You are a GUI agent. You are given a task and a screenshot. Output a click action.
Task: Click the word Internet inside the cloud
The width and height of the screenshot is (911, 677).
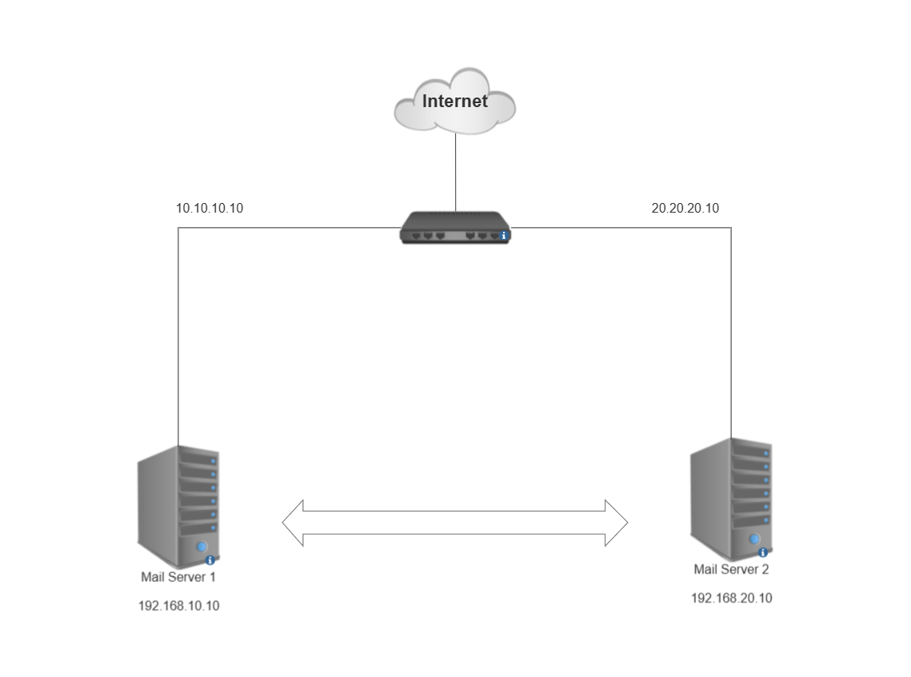(x=454, y=102)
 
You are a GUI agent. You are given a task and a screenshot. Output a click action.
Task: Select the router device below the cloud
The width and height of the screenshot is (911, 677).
(x=454, y=227)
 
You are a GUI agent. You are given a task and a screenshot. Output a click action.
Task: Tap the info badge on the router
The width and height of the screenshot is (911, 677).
(x=504, y=236)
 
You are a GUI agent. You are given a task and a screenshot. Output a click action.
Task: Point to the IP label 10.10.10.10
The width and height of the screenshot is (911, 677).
(x=210, y=209)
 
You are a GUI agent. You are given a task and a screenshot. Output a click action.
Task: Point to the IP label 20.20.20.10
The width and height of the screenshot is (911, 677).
(x=685, y=209)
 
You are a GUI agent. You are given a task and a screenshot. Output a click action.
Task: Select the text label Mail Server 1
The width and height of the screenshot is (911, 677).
(x=178, y=577)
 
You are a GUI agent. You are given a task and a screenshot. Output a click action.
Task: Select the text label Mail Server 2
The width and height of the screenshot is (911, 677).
(x=731, y=570)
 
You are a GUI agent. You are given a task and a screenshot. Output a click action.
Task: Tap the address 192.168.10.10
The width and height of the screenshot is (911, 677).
(x=178, y=606)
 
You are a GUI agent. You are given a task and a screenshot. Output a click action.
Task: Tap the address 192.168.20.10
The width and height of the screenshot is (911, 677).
(x=731, y=598)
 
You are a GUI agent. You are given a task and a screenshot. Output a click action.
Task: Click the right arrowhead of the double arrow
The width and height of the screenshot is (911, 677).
(x=616, y=523)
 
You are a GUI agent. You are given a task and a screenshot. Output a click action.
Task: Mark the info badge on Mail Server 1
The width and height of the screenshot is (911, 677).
(x=210, y=560)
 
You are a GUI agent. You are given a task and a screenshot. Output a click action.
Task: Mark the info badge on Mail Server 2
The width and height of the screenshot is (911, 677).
(x=763, y=552)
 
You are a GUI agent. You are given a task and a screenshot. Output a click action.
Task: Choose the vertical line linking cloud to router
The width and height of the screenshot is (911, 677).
(x=456, y=172)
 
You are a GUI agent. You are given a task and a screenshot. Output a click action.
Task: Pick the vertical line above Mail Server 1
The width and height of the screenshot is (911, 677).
(x=178, y=336)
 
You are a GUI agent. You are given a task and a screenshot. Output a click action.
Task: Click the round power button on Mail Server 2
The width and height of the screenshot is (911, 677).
(x=753, y=539)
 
